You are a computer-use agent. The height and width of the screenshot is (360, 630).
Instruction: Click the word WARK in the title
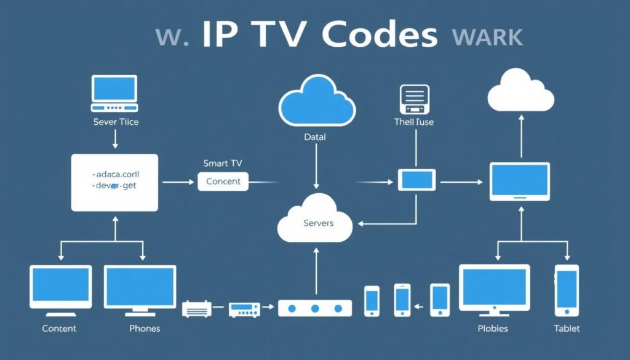coord(487,37)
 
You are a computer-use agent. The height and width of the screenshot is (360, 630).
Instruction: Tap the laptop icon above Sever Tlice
coord(114,90)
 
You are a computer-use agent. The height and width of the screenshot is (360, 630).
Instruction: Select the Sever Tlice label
coord(116,122)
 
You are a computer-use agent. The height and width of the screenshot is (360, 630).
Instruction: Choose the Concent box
coord(223,182)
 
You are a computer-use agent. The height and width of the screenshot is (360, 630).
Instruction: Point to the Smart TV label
coord(223,164)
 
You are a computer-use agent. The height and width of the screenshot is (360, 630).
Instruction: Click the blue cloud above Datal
coord(316,100)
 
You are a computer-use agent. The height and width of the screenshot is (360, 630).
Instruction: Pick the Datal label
coord(315,137)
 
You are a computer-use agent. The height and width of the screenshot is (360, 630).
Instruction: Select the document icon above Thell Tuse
coord(413,98)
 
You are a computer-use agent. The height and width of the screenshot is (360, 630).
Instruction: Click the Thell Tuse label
coord(413,122)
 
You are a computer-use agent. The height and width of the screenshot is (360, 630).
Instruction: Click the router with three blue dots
coord(314,308)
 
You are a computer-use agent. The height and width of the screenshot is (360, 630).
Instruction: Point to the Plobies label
coord(493,329)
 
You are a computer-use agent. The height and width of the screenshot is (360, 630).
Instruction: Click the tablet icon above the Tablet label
coord(566,290)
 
